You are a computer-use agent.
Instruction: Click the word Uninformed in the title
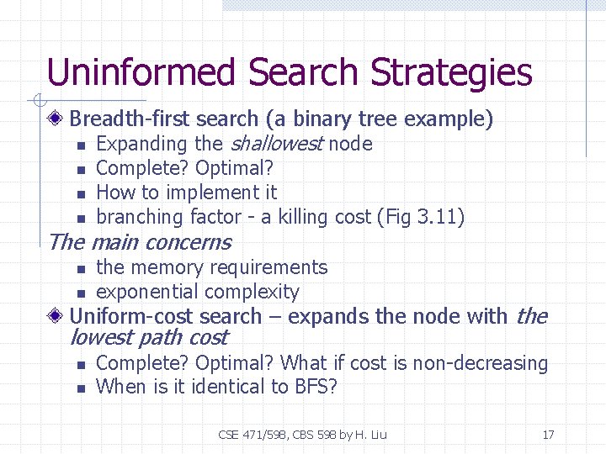pos(141,72)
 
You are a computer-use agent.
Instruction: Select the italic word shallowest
pos(276,144)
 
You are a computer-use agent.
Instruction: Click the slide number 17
pos(548,435)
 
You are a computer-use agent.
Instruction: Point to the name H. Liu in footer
pos(372,435)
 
